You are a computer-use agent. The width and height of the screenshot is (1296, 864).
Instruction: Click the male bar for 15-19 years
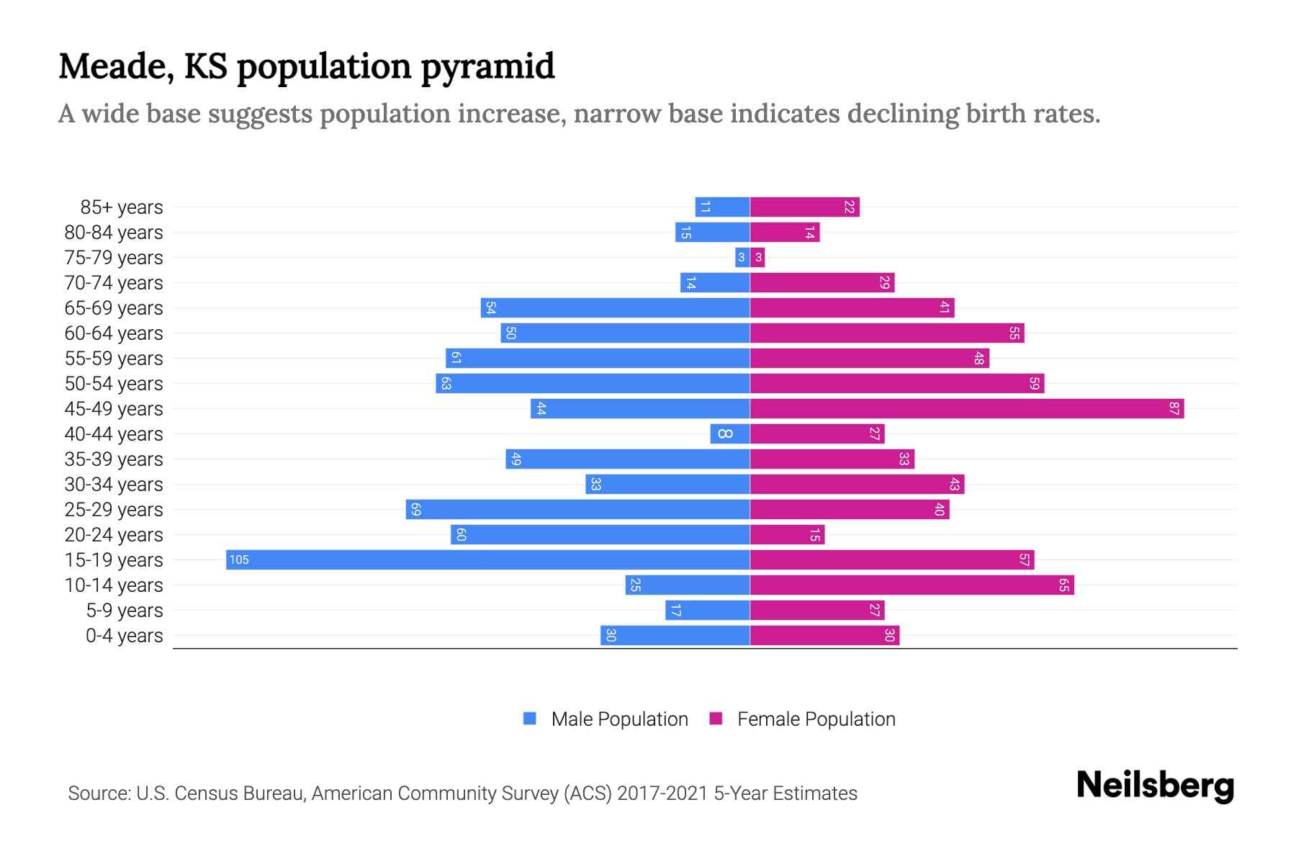488,560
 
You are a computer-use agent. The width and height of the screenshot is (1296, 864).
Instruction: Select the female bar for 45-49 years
967,409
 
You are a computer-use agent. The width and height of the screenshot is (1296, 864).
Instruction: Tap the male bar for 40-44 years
730,434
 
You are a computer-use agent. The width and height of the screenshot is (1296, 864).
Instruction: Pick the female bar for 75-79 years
757,258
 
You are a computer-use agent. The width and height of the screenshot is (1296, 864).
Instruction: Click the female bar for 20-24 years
787,535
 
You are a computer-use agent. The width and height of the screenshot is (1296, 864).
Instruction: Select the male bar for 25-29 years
577,510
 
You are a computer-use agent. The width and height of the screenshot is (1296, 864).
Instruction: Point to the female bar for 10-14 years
912,585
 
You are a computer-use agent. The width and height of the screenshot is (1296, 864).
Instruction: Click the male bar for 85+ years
722,207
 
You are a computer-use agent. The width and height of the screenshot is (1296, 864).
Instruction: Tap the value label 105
239,560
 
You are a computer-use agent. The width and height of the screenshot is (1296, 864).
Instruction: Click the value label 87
1174,409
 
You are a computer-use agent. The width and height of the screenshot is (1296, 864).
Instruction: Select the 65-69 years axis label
114,308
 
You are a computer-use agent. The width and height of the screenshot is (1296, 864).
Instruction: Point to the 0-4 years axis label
124,636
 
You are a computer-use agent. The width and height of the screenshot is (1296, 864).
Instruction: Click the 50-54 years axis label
114,384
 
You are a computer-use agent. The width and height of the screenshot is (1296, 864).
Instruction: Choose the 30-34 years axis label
114,485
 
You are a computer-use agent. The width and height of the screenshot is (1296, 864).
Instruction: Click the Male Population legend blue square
530,719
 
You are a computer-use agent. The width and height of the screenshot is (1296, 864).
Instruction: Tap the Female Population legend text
816,719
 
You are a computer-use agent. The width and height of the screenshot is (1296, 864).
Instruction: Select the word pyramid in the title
487,67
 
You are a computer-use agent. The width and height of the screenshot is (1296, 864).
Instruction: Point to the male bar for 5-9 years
707,611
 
